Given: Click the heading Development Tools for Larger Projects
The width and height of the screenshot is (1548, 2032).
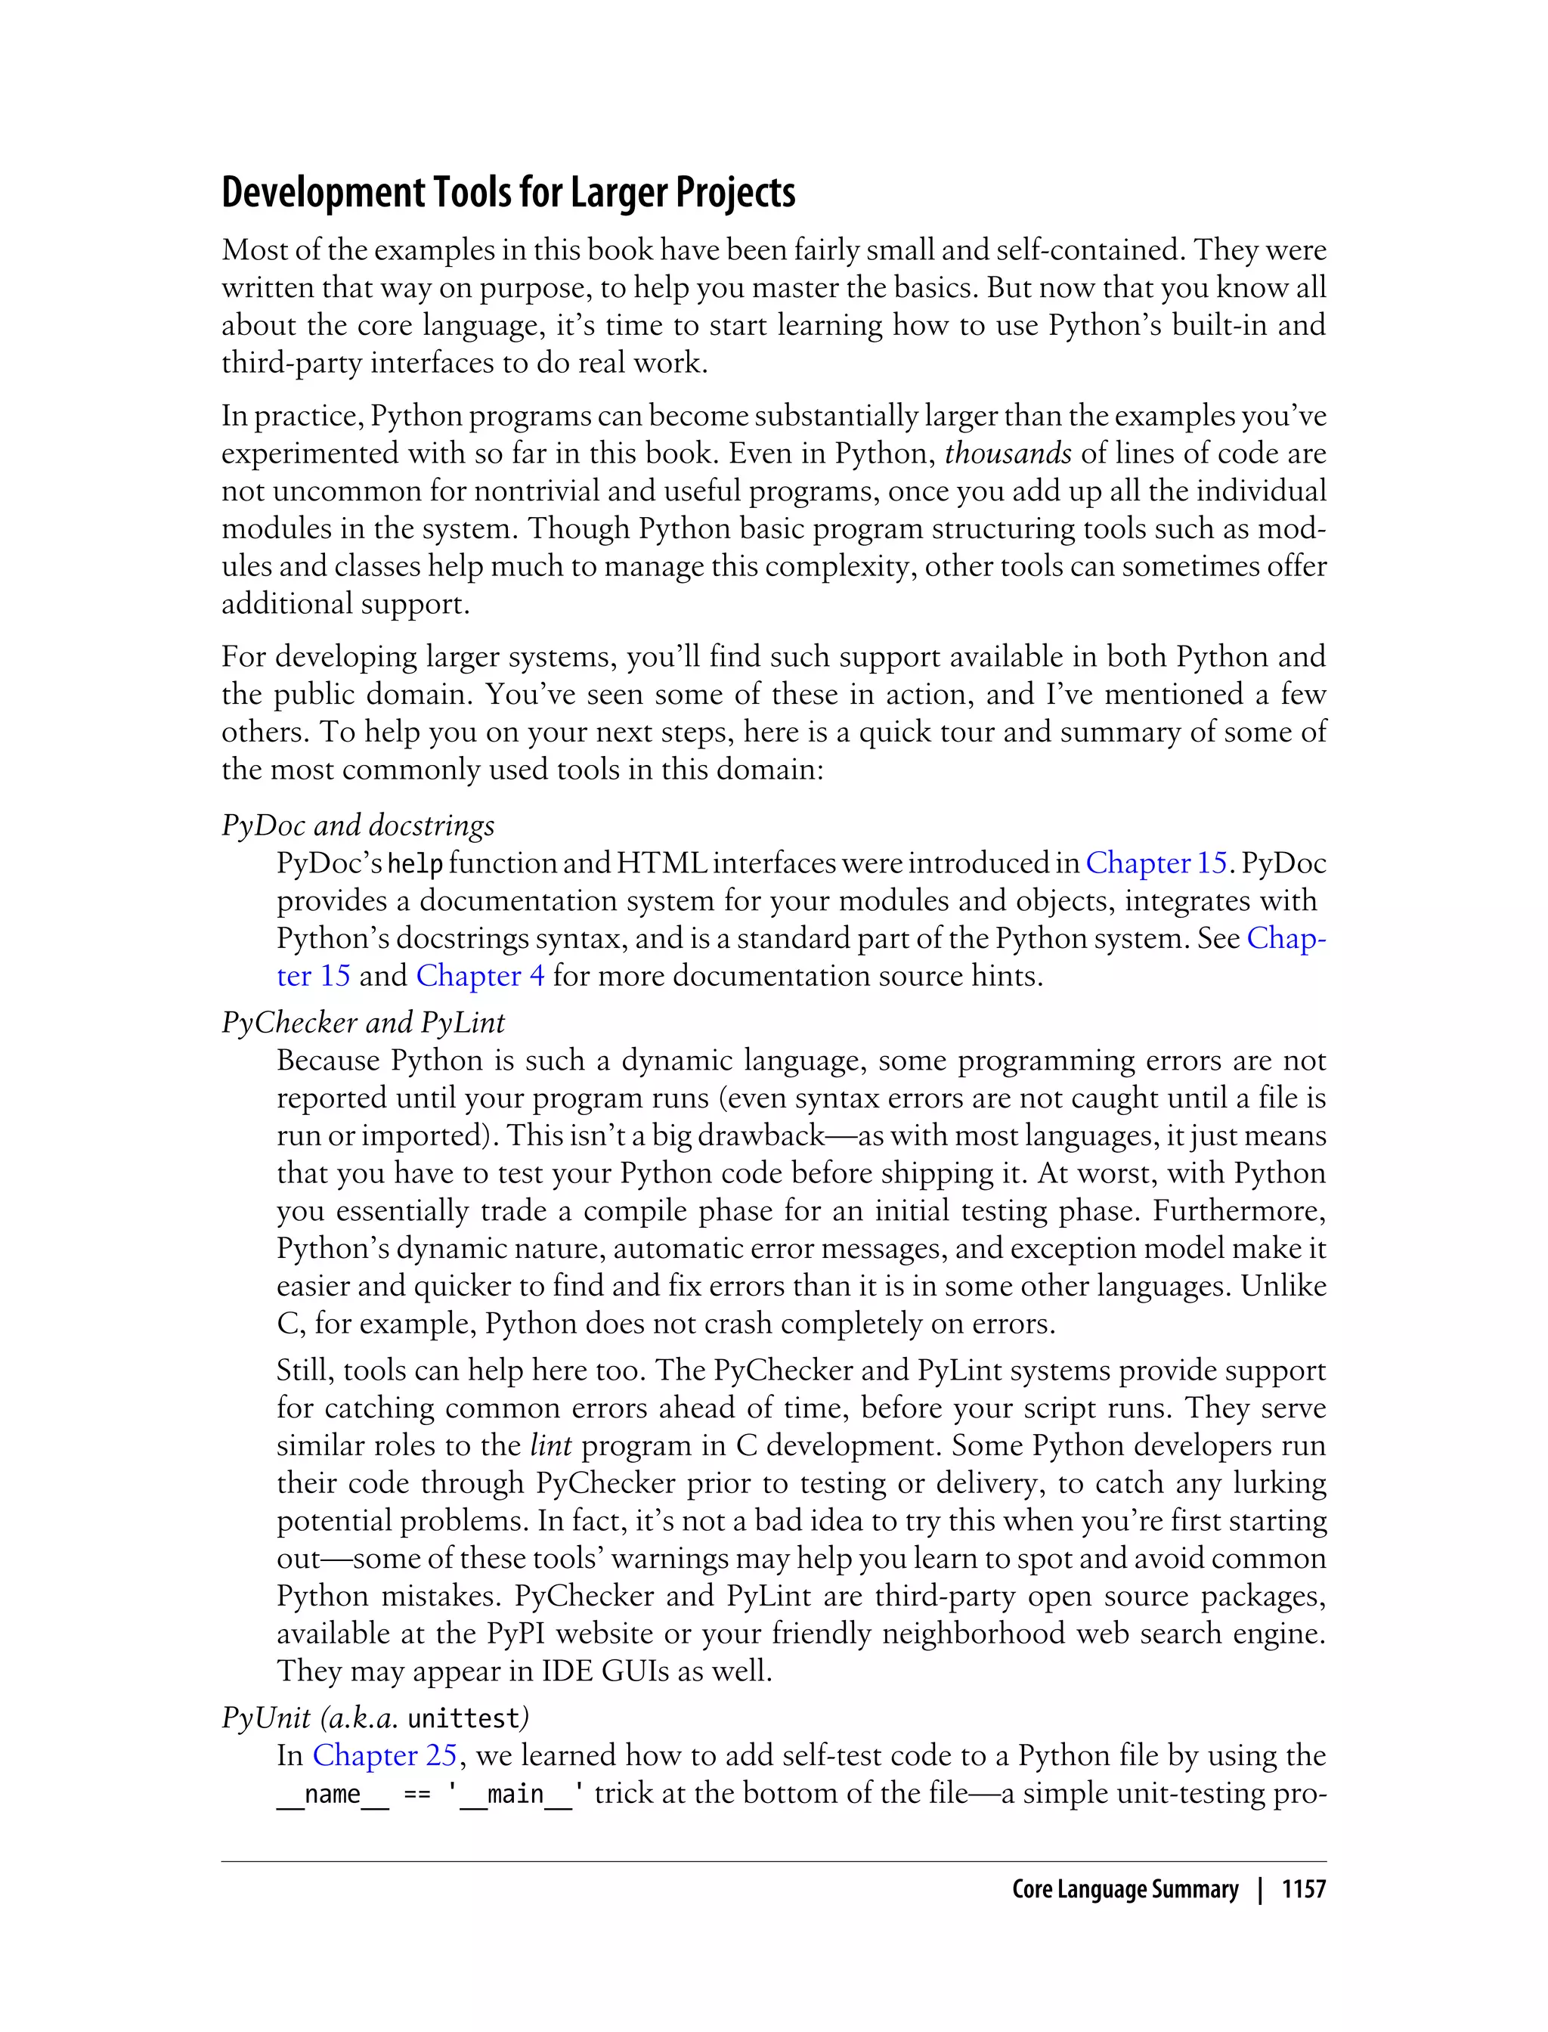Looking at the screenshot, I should [x=508, y=193].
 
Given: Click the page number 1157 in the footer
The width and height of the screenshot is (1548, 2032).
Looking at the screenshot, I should [x=1303, y=1890].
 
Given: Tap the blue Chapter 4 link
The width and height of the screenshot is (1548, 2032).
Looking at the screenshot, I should [x=479, y=976].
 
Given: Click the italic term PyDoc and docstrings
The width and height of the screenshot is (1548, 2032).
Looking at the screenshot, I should [x=358, y=825].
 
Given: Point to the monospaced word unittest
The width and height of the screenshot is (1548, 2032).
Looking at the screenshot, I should [x=464, y=1719].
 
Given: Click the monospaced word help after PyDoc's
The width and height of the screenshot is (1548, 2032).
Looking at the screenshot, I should [x=415, y=864].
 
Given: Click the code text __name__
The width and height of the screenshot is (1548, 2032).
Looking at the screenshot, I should [x=332, y=1794].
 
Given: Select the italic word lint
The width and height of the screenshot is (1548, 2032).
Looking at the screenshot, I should [x=551, y=1445].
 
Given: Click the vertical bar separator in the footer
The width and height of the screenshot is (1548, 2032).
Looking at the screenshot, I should [x=1259, y=1890].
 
